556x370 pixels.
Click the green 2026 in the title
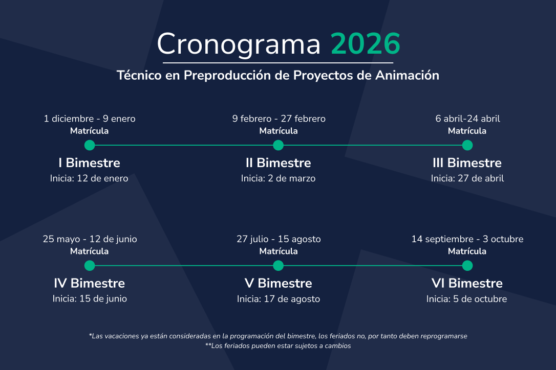point(366,43)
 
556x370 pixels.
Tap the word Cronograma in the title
point(239,44)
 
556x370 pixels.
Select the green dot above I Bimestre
point(90,145)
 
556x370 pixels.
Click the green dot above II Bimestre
point(279,145)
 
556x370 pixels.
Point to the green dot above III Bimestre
point(467,145)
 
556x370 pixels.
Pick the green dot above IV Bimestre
point(90,266)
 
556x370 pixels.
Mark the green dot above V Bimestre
point(279,266)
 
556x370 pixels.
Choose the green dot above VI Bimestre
point(467,266)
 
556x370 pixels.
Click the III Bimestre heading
point(467,163)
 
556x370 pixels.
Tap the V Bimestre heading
point(279,283)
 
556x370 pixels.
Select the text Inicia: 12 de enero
point(89,178)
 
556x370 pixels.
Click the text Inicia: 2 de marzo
point(279,178)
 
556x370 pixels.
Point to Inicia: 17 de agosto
point(279,299)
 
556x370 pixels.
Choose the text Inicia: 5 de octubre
point(466,299)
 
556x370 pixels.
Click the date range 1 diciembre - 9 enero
point(90,119)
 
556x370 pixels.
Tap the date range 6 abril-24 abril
point(468,119)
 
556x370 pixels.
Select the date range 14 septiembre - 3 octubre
point(467,239)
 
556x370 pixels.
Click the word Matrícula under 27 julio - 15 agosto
point(279,251)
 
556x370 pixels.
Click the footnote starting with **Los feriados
point(278,346)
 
